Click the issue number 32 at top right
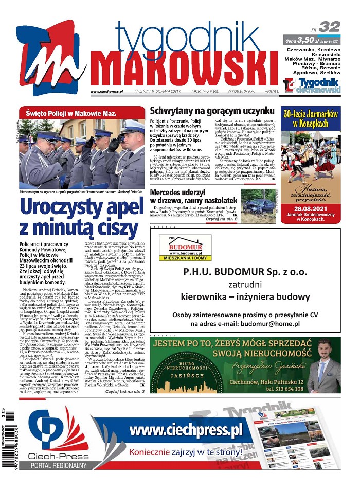(x=329, y=26)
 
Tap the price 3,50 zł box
(x=312, y=40)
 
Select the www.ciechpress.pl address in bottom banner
(x=186, y=430)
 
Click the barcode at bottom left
(x=9, y=443)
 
